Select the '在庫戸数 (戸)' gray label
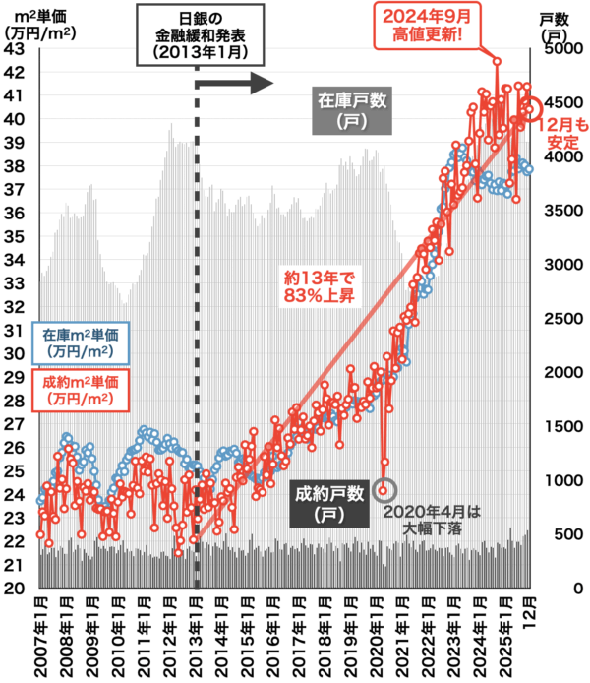351,110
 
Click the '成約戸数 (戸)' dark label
328,502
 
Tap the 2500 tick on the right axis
563,319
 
